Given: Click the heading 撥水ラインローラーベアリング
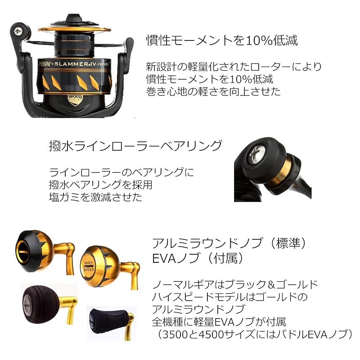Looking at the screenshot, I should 135,146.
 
